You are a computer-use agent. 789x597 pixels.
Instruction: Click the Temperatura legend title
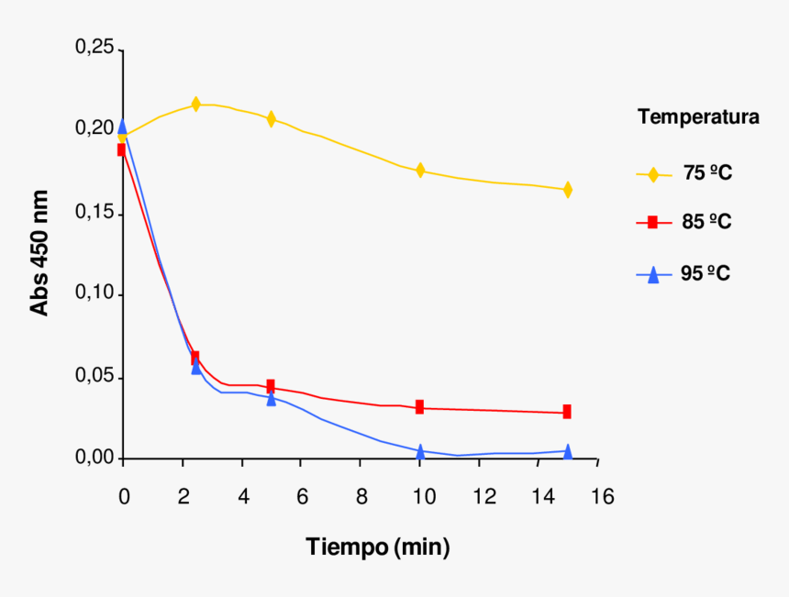coord(698,117)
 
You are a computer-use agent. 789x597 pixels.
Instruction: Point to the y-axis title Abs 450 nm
coord(39,253)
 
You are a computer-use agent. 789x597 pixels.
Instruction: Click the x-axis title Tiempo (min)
coord(378,548)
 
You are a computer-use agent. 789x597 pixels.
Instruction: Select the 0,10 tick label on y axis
coord(94,294)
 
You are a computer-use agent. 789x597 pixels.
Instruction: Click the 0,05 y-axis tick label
coord(94,377)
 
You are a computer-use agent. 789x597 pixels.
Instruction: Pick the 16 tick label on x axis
coord(601,496)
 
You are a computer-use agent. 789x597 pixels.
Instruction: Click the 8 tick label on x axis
coord(361,496)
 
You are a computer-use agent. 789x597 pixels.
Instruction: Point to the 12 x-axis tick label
coord(481,496)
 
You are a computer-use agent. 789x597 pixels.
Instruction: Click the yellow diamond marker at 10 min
coord(420,171)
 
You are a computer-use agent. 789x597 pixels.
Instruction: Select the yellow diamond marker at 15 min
coord(568,190)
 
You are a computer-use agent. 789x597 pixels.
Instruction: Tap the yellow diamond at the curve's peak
coord(195,105)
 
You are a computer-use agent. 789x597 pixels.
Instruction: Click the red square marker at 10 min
coord(420,407)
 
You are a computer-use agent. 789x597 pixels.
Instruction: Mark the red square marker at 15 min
coord(568,412)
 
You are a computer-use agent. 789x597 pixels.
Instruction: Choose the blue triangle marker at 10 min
coord(420,451)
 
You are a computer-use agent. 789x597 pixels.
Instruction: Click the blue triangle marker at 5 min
coord(272,399)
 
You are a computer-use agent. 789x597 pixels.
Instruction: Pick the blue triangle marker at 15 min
coord(568,451)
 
